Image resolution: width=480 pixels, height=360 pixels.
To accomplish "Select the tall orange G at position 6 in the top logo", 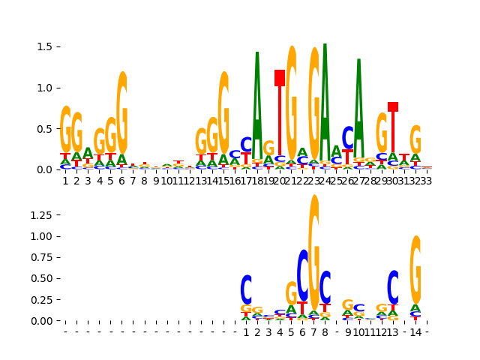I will click(x=121, y=112).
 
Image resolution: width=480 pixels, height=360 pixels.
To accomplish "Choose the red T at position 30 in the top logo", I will click(x=393, y=127).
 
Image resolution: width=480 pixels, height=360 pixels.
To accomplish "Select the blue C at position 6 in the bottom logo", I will click(x=302, y=274).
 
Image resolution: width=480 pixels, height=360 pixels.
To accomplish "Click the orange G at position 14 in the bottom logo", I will click(x=415, y=268).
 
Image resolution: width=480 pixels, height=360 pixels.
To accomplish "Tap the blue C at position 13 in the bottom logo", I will click(x=393, y=286).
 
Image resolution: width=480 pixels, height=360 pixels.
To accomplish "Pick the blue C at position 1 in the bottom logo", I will click(x=246, y=289).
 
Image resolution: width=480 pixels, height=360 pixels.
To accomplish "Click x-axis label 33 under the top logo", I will click(x=427, y=180).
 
